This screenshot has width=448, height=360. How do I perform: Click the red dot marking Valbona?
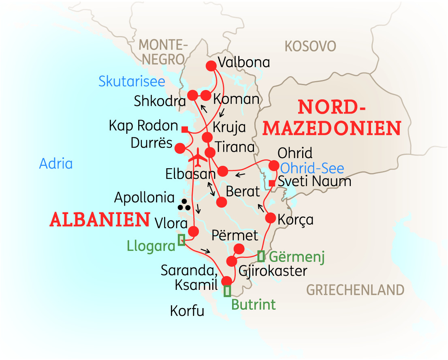211,65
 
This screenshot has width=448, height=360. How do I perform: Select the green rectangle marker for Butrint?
227,291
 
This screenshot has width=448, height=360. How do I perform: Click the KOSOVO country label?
310,46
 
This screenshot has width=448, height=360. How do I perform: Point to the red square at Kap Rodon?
185,129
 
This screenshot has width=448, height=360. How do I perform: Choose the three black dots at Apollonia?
184,205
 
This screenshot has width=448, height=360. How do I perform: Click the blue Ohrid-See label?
312,168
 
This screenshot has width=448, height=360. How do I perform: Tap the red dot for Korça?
271,218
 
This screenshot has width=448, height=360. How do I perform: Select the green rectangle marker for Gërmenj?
261,256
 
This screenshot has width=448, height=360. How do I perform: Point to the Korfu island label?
187,311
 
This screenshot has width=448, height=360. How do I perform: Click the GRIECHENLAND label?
355,290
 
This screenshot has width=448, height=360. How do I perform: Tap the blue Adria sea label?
56,164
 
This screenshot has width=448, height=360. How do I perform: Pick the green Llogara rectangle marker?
181,240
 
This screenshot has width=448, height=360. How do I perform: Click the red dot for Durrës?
179,148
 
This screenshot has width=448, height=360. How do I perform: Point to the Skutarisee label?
132,81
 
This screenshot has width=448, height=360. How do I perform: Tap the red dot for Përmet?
239,248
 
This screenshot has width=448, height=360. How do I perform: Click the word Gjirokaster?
273,270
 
